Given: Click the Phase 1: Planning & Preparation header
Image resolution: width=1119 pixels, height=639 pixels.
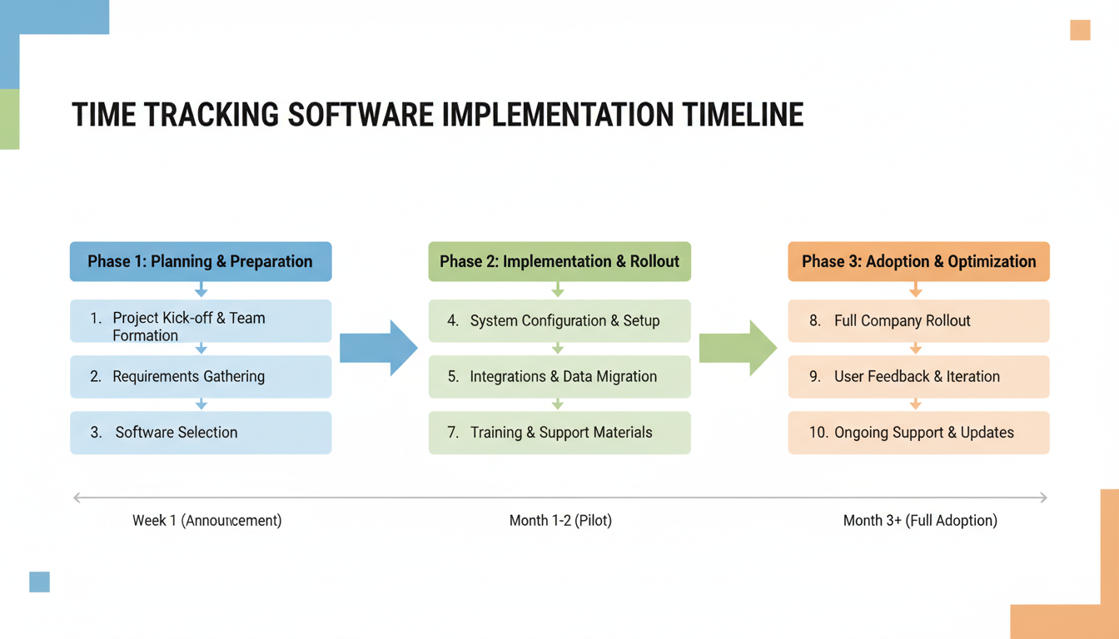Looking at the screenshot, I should point(201,261).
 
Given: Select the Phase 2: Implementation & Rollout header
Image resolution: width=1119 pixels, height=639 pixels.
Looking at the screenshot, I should point(559,261).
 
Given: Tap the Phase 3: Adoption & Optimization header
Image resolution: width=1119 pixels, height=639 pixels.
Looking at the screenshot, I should point(918,261).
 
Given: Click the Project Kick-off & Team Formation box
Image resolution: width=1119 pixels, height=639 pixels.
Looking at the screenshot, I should point(201,322).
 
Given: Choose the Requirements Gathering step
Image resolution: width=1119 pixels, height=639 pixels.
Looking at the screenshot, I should point(201,377).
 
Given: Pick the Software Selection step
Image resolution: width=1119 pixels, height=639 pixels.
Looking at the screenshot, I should point(201,433).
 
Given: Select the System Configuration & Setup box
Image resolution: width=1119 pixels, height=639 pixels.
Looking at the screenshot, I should point(559,321).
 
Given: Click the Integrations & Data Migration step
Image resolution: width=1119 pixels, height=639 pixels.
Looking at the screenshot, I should point(559,377).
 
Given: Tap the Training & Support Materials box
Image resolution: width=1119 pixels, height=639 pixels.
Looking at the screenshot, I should point(559,433).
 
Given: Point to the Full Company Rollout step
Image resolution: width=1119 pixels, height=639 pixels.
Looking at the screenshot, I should point(918,321).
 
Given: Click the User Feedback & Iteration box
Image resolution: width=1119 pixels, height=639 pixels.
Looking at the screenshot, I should point(918,377).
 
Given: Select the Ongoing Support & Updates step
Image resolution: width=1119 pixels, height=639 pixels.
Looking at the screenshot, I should point(918,433).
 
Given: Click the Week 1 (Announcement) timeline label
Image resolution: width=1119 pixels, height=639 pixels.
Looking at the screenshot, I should point(207,521).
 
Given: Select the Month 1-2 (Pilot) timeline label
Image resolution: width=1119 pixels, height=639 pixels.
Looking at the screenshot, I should point(560,521).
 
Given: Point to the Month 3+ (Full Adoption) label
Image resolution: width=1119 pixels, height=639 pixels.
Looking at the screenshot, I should point(920,521).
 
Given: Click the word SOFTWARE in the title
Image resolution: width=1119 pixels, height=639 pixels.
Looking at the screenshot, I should point(361,115).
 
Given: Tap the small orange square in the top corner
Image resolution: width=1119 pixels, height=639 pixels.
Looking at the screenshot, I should point(1080,30).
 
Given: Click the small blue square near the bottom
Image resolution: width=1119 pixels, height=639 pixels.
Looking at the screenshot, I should point(39,582).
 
